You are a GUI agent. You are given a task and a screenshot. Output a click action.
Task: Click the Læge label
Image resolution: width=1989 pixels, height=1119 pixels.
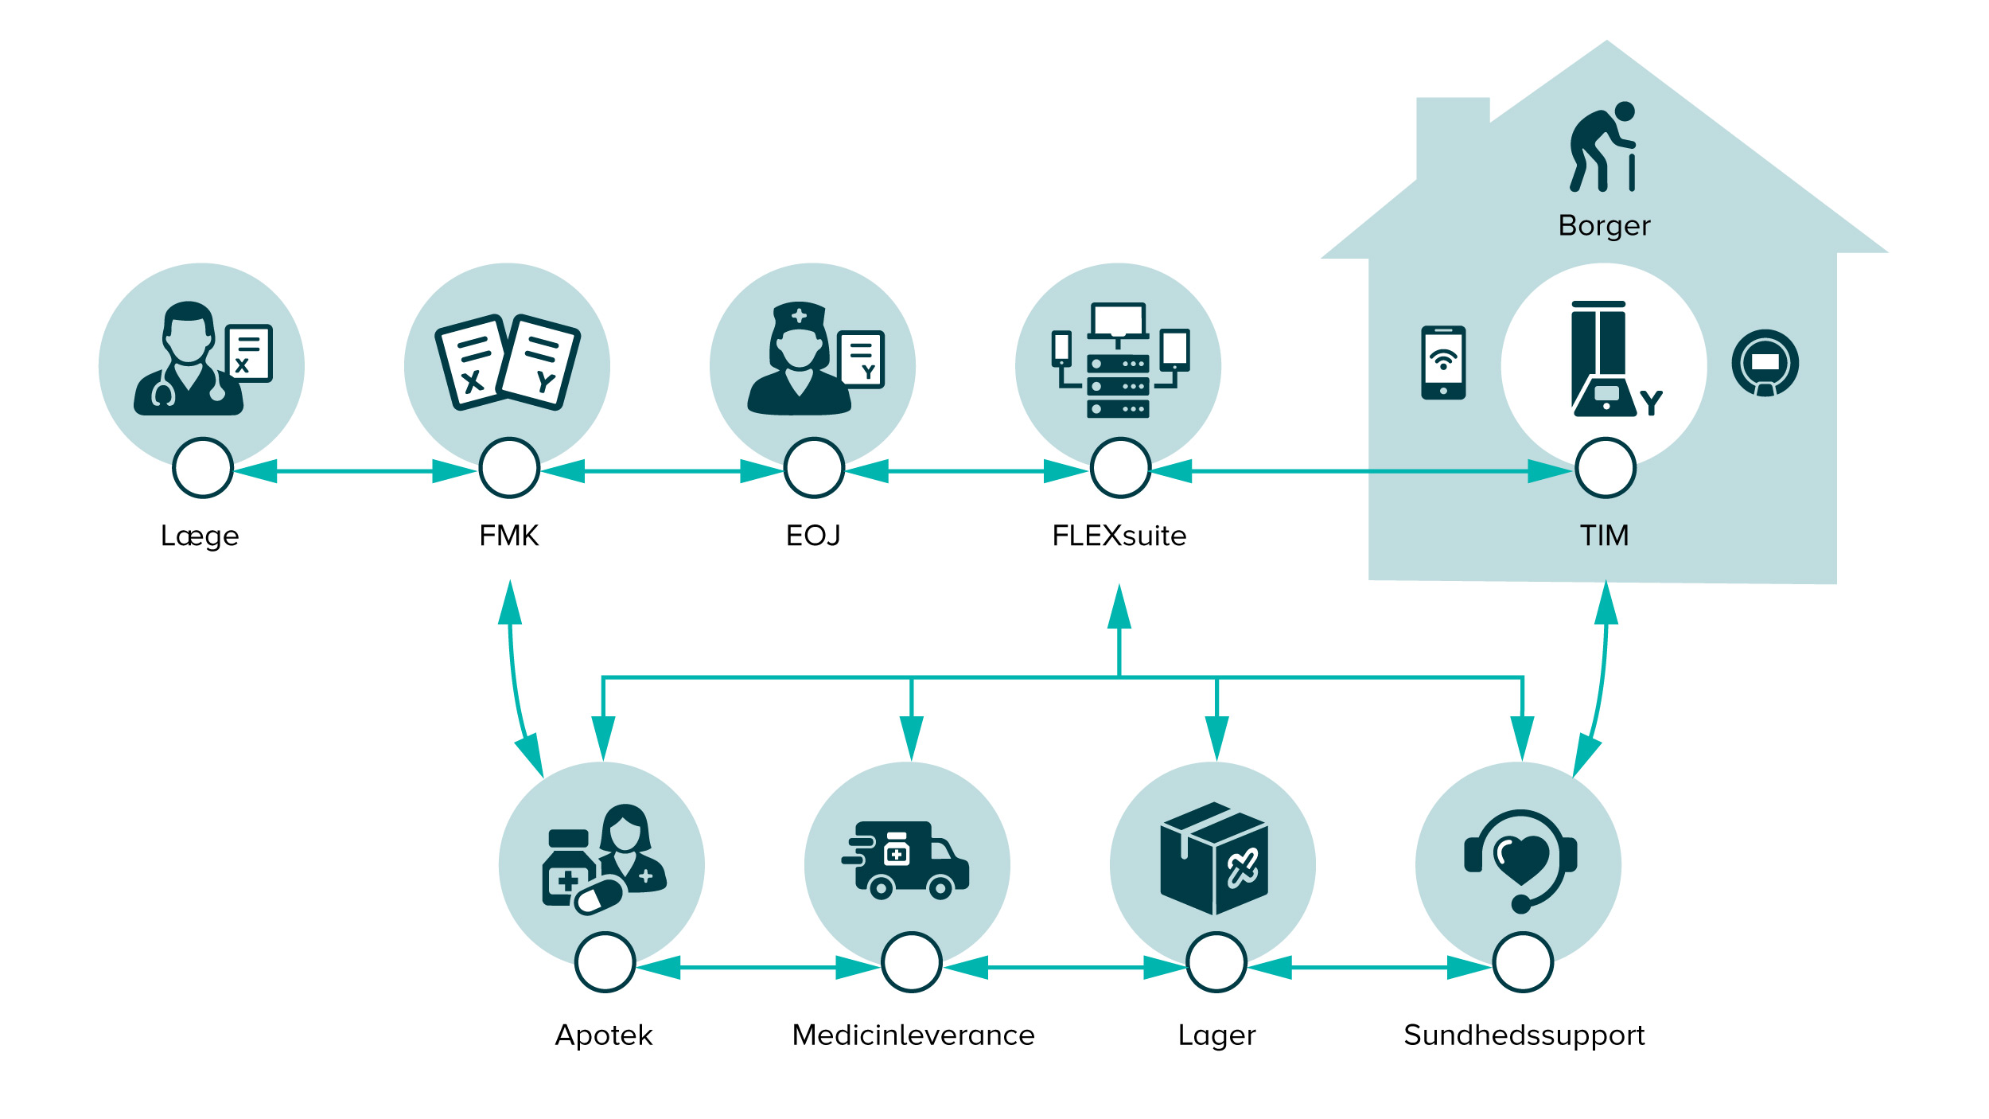point(200,536)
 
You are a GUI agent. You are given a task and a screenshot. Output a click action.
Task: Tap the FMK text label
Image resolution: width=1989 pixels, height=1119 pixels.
point(509,536)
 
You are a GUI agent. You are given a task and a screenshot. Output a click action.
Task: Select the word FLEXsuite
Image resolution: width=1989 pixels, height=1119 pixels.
point(1119,536)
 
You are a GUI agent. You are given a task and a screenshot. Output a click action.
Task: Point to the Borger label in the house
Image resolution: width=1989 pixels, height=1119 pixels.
point(1604,227)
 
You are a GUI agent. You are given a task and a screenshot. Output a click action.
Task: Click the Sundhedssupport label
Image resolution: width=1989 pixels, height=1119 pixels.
point(1524,1035)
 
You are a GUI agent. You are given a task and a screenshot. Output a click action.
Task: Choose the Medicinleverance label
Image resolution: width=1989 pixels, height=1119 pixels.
point(913,1035)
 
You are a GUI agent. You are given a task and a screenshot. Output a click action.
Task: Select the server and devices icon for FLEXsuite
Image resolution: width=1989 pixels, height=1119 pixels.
point(1120,360)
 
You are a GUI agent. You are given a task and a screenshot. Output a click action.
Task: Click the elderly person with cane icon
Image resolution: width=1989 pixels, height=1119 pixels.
point(1602,146)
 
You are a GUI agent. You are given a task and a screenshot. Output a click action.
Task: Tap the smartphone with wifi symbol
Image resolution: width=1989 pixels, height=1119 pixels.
point(1443,362)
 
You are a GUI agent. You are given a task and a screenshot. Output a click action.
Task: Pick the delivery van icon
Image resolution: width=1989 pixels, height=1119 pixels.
point(905,860)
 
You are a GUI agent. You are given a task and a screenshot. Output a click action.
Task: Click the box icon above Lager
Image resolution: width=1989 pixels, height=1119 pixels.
point(1214,859)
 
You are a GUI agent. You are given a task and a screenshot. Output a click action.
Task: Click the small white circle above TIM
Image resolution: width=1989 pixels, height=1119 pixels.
point(1606,468)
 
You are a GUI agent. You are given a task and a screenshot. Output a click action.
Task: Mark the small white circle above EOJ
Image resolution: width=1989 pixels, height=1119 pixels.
point(814,468)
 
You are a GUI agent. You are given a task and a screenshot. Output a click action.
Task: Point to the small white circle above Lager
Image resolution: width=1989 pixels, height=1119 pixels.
point(1216,962)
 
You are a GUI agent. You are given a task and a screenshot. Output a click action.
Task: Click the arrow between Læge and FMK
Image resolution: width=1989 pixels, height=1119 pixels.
point(356,471)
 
